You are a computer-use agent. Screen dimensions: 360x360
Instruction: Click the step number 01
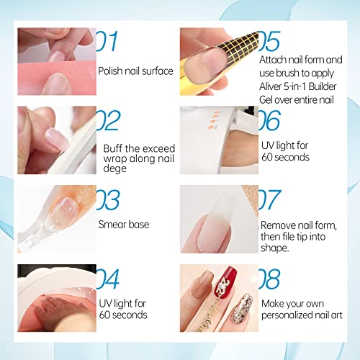point(107,41)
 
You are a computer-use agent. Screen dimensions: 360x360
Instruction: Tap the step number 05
point(269,41)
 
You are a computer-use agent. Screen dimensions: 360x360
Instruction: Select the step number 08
point(269,279)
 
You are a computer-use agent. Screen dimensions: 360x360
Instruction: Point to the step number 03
point(108,200)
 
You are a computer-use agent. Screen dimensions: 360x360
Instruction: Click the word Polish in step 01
point(110,71)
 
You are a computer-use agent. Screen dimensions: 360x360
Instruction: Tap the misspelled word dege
point(114,168)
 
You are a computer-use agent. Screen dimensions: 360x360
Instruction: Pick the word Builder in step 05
point(323,86)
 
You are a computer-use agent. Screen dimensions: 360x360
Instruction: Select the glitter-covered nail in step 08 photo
point(241,309)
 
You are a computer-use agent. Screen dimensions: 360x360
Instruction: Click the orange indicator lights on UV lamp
point(214,120)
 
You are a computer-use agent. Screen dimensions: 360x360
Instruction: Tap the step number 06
point(269,120)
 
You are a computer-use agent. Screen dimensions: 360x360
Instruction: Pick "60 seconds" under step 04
point(123,315)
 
